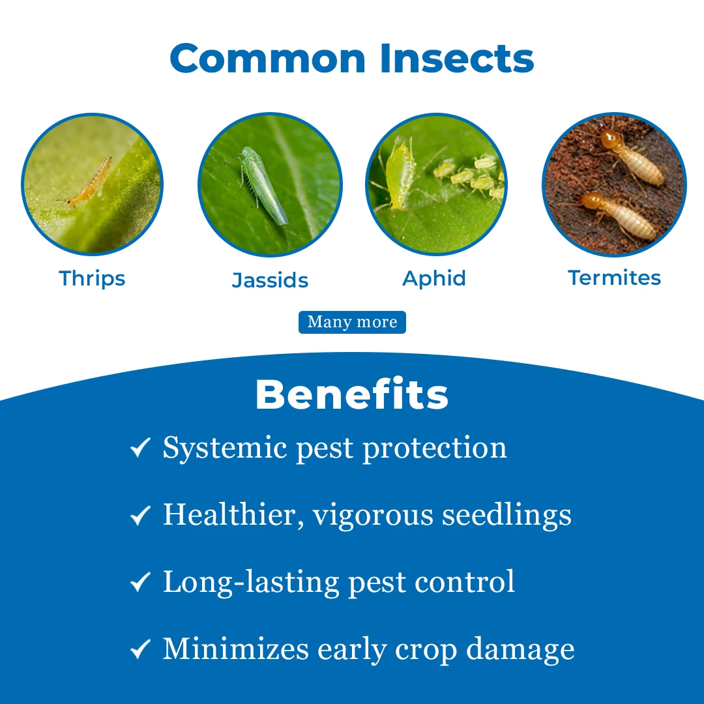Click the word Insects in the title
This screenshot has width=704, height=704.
point(457,59)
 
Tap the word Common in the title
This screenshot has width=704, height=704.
point(268,59)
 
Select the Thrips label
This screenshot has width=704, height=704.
point(92,279)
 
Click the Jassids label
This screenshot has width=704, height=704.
point(270,280)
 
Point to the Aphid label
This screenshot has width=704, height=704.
point(433,279)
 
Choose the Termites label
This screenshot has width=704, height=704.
point(614,278)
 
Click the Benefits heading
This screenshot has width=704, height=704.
point(352,394)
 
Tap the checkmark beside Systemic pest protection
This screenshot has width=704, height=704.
point(140,447)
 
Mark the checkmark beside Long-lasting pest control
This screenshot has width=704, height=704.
point(140,582)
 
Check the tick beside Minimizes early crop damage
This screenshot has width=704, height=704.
point(140,649)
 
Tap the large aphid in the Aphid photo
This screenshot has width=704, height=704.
point(399,176)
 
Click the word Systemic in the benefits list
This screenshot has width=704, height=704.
point(224,448)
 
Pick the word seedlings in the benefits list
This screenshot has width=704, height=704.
point(506,516)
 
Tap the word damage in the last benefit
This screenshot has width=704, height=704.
point(520,650)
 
